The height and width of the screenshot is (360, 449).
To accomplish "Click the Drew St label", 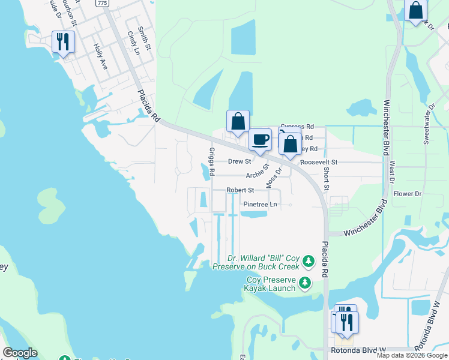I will pos(240,161).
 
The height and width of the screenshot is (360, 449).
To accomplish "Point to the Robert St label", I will pos(240,190).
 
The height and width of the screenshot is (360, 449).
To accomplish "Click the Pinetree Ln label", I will pos(260,205).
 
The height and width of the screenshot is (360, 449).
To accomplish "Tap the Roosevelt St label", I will pos(319,162).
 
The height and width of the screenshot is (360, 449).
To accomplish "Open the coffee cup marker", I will pos(260,140).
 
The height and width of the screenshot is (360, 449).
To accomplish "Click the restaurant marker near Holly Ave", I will pos(63,41).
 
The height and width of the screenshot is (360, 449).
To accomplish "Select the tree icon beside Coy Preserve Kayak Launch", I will pos(306,283).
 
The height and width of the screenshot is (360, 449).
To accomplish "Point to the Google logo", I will pos(20,353).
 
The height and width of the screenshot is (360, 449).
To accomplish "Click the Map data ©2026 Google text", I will pos(412,355).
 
